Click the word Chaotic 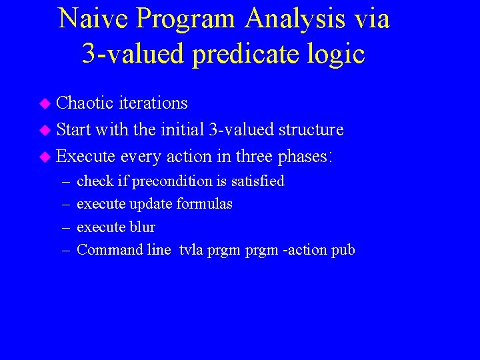pyautogui.click(x=85, y=103)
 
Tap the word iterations pyautogui.click(x=153, y=103)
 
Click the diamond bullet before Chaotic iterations pyautogui.click(x=45, y=104)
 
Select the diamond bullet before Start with pyautogui.click(x=45, y=130)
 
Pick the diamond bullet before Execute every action pyautogui.click(x=45, y=157)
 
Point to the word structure pyautogui.click(x=311, y=129)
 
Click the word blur pyautogui.click(x=142, y=227)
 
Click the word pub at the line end pyautogui.click(x=343, y=251)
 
